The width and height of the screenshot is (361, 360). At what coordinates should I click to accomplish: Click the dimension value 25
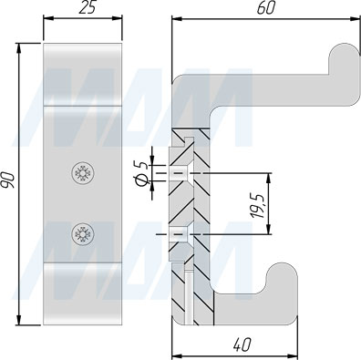[88, 7]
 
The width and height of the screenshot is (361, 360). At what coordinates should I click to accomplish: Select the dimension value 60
[265, 8]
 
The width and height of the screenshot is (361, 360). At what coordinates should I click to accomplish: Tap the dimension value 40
[242, 345]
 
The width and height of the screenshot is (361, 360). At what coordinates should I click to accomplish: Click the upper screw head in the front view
[83, 173]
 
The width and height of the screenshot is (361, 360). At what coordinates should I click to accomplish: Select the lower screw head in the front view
[83, 233]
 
